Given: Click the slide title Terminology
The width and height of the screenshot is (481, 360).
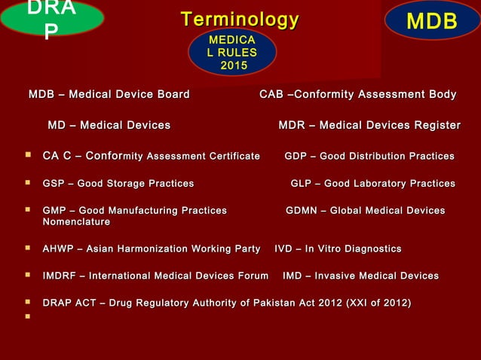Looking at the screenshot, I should click(x=240, y=20).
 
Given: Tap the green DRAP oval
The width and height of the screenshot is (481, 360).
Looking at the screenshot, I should click(x=51, y=18).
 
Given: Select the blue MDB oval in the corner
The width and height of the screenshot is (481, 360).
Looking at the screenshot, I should click(x=431, y=20).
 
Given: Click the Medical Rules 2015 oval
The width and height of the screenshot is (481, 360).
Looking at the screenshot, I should click(x=232, y=52).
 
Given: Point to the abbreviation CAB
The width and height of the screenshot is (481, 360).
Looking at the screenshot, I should click(x=271, y=94).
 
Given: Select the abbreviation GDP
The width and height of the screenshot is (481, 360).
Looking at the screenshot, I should click(x=297, y=157).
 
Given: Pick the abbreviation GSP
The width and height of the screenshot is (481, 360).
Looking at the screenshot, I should click(x=55, y=184).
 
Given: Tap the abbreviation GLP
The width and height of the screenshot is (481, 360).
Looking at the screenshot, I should click(x=303, y=184).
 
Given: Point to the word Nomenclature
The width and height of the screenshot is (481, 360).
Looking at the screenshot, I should click(x=76, y=222).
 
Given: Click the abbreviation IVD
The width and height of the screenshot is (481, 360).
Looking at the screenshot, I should click(x=284, y=249).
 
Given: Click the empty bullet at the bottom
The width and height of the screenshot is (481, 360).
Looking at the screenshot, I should click(x=27, y=317).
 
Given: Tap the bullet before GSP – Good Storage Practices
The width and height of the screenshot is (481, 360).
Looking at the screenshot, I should click(x=27, y=183).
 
